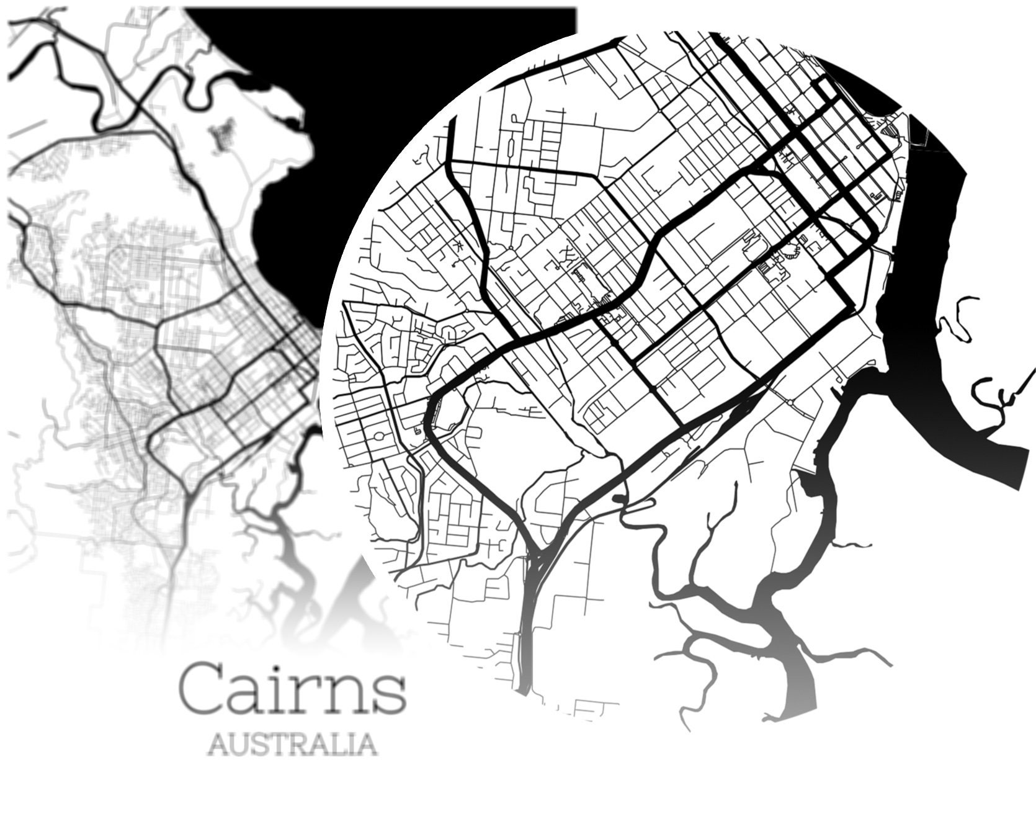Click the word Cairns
tap(292, 688)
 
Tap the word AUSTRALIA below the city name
tap(292, 743)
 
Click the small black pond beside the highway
tap(620, 498)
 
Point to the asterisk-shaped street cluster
tap(460, 246)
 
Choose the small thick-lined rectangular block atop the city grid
tap(828, 91)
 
